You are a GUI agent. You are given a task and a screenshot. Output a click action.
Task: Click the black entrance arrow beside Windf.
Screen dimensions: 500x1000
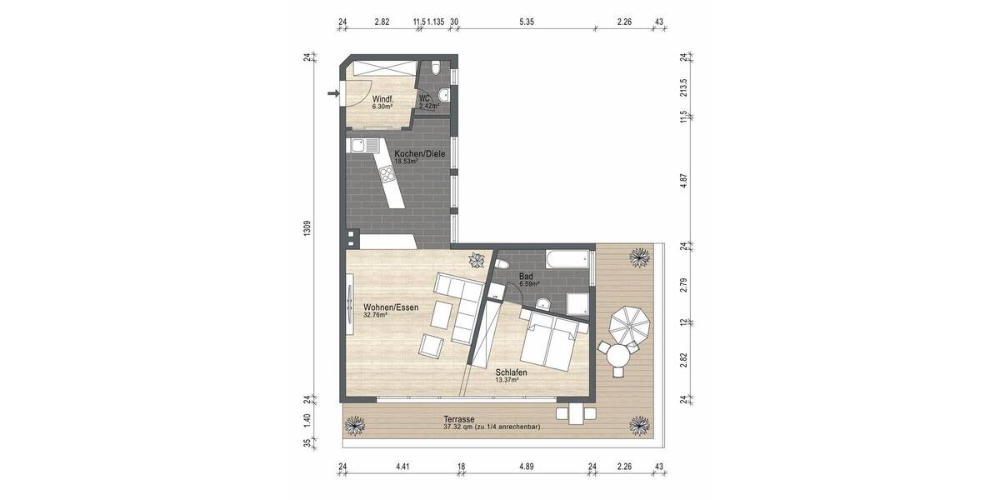pyautogui.click(x=333, y=94)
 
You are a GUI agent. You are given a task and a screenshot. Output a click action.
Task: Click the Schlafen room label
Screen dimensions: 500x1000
pyautogui.click(x=510, y=372)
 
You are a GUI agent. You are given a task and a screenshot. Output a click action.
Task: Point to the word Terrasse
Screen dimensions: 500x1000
pyautogui.click(x=459, y=419)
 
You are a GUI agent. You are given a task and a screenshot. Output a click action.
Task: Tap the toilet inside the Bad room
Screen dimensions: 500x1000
pyautogui.click(x=501, y=264)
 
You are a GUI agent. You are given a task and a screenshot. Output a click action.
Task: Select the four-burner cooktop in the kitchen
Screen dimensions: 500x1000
pyautogui.click(x=387, y=176)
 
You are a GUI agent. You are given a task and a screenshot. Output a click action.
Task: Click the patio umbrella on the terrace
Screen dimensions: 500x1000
pyautogui.click(x=627, y=323)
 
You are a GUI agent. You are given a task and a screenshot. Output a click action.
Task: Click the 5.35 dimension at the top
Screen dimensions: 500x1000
pyautogui.click(x=526, y=22)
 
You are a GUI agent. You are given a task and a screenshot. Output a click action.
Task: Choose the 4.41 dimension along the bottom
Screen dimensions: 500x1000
pyautogui.click(x=402, y=466)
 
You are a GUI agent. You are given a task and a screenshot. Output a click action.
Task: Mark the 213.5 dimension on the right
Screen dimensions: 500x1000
pyautogui.click(x=683, y=87)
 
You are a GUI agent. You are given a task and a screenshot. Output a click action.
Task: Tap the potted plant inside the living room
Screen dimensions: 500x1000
pyautogui.click(x=476, y=259)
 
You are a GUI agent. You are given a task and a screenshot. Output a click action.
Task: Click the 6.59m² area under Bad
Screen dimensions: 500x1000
pyautogui.click(x=530, y=284)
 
